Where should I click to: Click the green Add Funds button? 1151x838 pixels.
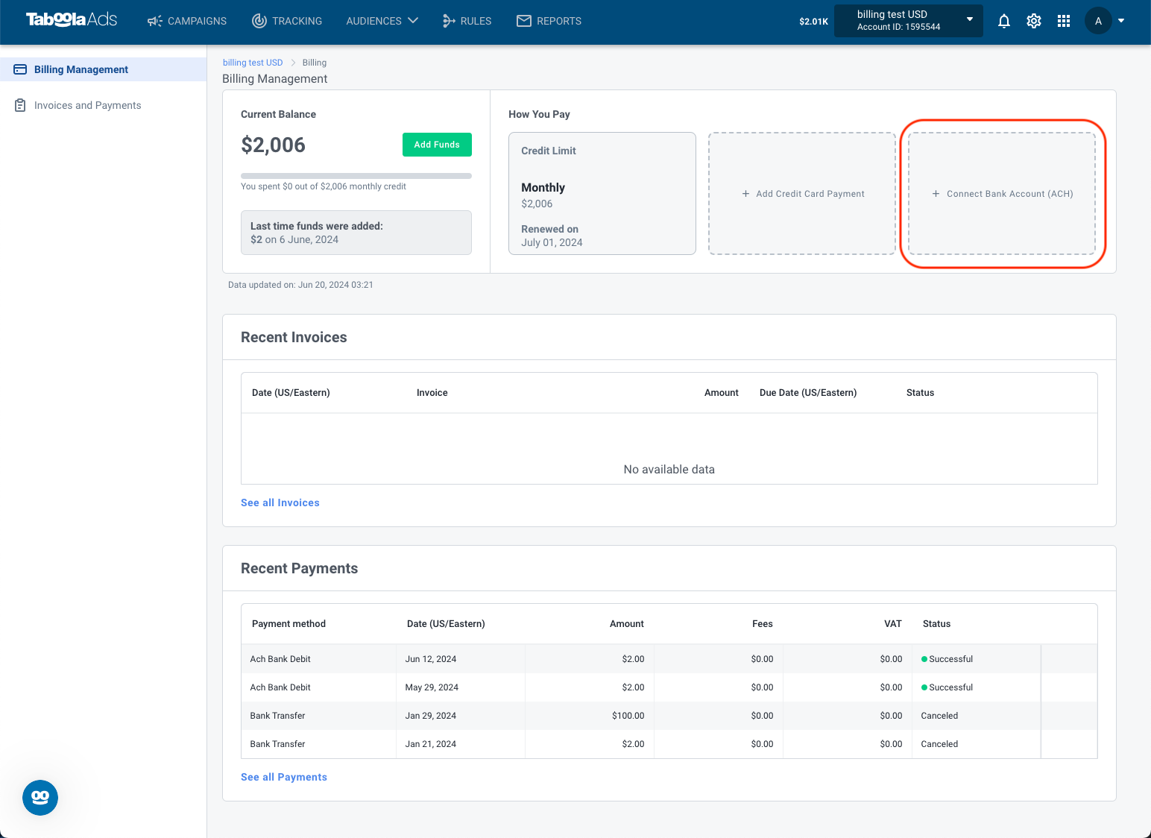click(x=437, y=145)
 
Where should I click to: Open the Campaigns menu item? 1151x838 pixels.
click(x=186, y=21)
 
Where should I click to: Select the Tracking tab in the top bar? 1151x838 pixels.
click(x=287, y=21)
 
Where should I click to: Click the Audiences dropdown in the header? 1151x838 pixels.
click(x=382, y=21)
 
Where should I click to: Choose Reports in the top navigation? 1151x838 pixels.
click(x=549, y=21)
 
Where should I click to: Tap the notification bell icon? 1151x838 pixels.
click(x=1003, y=21)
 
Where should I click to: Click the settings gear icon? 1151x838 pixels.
click(x=1033, y=21)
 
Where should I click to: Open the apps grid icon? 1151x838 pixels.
click(x=1063, y=21)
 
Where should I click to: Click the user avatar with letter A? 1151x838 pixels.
click(x=1098, y=21)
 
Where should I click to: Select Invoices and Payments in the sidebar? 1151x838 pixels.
click(x=87, y=105)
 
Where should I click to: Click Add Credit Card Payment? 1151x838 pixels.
click(x=802, y=194)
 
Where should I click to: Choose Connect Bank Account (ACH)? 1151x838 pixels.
click(x=1002, y=194)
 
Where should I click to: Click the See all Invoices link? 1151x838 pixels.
click(x=280, y=503)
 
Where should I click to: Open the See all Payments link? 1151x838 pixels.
click(x=283, y=777)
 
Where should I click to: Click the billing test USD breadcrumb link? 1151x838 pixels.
click(x=252, y=62)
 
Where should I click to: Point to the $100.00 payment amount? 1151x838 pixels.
click(x=628, y=715)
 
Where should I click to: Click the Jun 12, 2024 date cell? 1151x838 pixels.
click(x=431, y=658)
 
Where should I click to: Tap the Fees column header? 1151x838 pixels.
click(x=762, y=623)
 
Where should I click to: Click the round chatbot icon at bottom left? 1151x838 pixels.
click(x=40, y=798)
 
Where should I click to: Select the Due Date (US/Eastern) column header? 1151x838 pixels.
click(x=808, y=393)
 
